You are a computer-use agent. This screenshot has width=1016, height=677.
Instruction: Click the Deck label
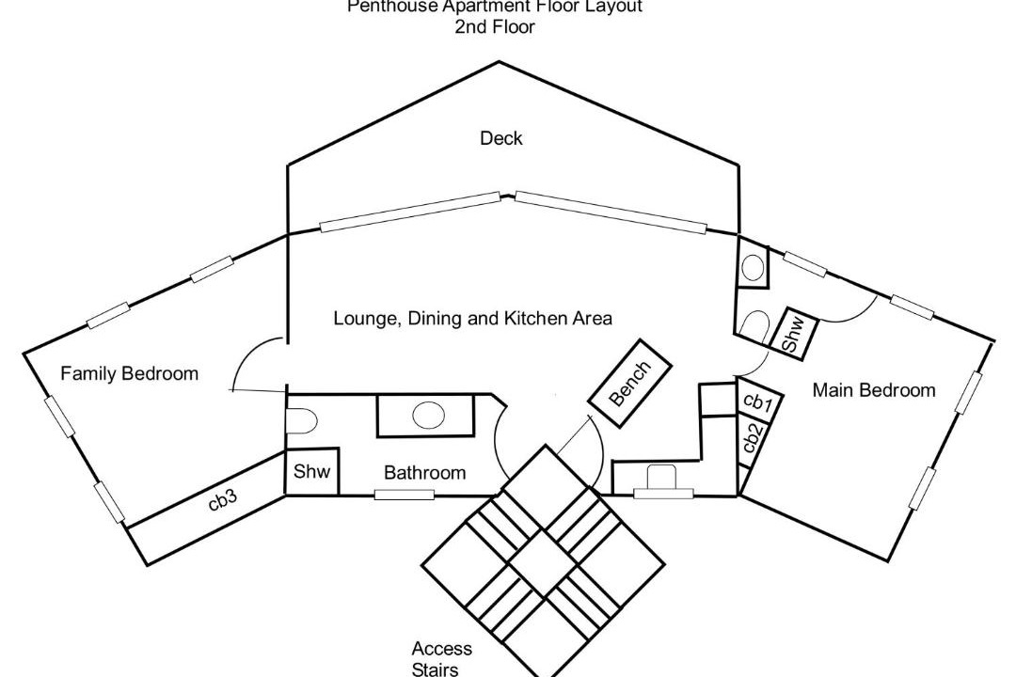pyautogui.click(x=500, y=139)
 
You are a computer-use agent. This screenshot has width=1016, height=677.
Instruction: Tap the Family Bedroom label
pyautogui.click(x=130, y=374)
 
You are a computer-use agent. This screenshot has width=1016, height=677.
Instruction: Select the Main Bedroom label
pyautogui.click(x=874, y=390)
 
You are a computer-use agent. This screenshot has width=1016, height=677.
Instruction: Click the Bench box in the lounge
pyautogui.click(x=629, y=383)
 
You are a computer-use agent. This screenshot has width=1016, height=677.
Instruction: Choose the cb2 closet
pyautogui.click(x=752, y=439)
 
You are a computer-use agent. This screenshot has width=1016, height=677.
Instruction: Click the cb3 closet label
pyautogui.click(x=223, y=501)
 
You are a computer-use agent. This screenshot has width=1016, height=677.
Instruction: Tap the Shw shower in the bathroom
pyautogui.click(x=311, y=472)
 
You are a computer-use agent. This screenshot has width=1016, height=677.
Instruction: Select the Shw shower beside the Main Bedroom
pyautogui.click(x=793, y=335)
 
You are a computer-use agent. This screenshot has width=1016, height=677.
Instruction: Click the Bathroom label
pyautogui.click(x=424, y=473)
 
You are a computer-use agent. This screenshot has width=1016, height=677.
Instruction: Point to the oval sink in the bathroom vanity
pyautogui.click(x=429, y=415)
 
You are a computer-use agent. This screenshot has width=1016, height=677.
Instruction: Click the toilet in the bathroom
pyautogui.click(x=299, y=420)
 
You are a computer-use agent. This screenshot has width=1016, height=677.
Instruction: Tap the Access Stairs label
pyautogui.click(x=441, y=659)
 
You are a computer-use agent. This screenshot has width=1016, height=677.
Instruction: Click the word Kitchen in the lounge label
pyautogui.click(x=535, y=319)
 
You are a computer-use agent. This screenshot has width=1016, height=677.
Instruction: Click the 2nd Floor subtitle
pyautogui.click(x=494, y=27)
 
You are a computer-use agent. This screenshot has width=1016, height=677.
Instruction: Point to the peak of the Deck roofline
pyautogui.click(x=500, y=62)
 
